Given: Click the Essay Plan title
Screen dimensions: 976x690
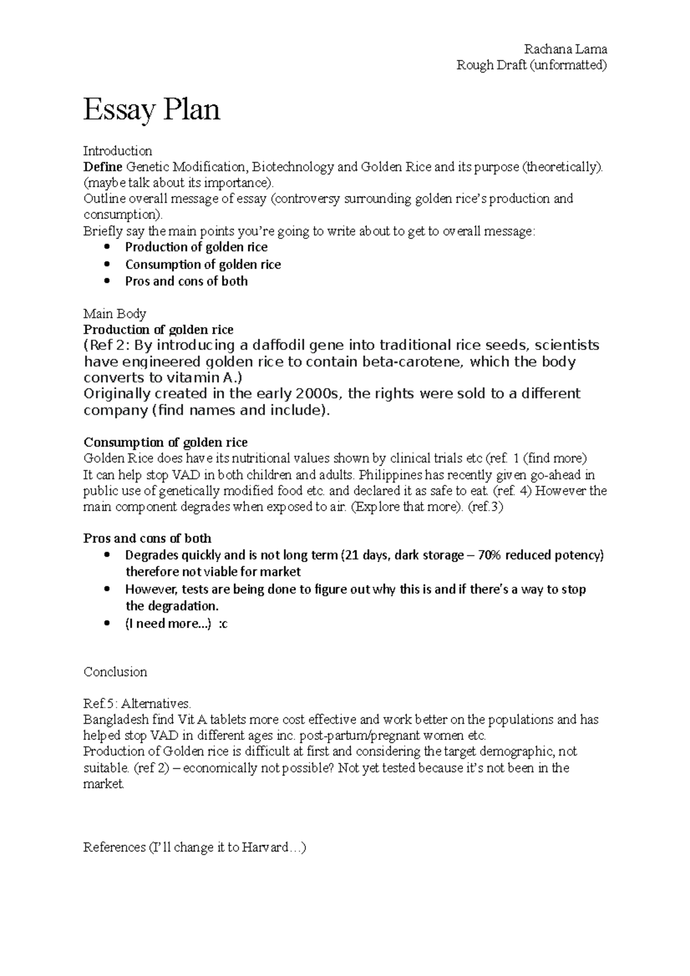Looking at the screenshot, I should pos(152,109).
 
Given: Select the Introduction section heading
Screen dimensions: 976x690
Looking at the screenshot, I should pos(117,151).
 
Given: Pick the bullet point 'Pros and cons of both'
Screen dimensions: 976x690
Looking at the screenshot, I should pos(186,281).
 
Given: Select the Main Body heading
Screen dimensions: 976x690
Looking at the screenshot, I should pos(114,313).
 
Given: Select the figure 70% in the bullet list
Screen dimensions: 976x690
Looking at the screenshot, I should pos(499,555).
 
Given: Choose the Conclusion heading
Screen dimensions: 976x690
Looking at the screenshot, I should pos(115,672).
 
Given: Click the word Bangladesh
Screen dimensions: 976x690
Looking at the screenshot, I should pos(115,720).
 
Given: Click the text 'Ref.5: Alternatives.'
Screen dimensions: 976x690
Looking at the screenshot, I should pos(137,704).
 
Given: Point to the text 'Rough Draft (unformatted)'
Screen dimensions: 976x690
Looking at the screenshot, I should pos(531,65).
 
